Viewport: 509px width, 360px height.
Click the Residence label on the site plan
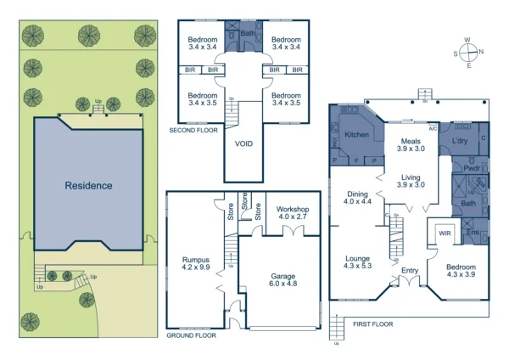click(88, 185)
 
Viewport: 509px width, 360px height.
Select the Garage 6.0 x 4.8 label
click(282, 281)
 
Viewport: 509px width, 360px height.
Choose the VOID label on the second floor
click(243, 143)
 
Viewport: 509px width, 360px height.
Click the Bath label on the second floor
click(247, 34)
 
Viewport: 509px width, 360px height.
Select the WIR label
click(443, 233)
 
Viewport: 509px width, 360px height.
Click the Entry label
click(410, 271)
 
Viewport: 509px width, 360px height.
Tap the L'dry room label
click(461, 140)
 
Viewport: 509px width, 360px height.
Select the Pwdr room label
click(473, 169)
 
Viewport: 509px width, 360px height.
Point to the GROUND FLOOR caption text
click(192, 335)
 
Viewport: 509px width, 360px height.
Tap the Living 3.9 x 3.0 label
click(411, 180)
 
